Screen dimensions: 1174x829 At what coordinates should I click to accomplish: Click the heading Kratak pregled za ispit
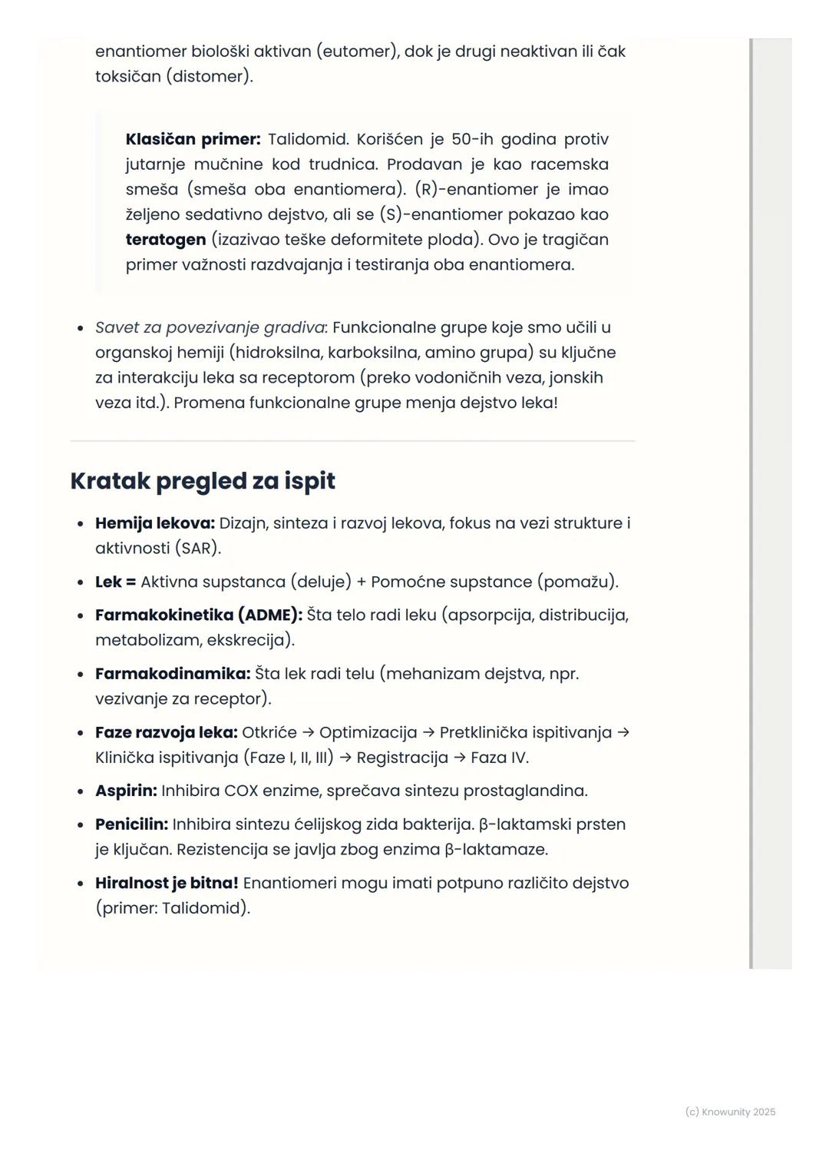click(203, 481)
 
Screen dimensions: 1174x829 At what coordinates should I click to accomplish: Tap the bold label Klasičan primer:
click(193, 139)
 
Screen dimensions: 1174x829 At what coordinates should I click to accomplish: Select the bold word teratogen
click(166, 240)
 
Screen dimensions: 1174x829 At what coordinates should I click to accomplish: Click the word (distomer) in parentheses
click(209, 77)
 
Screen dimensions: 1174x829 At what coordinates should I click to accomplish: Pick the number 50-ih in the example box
click(472, 139)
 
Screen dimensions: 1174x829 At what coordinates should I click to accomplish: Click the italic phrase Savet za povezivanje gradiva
click(210, 327)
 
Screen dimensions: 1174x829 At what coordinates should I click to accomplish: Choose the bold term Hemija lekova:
click(155, 523)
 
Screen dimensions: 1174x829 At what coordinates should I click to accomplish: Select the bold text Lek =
click(115, 582)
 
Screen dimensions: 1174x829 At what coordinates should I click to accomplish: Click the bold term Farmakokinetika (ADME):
click(198, 615)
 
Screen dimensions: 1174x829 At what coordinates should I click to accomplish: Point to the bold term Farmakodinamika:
click(173, 674)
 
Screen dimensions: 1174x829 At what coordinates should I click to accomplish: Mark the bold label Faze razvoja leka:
click(166, 732)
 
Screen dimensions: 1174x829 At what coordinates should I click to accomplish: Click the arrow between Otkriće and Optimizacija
click(309, 732)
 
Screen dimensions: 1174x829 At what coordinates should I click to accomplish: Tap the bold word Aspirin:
click(126, 791)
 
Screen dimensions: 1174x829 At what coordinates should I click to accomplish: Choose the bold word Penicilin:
click(131, 824)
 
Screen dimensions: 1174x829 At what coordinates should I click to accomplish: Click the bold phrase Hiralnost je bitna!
click(167, 883)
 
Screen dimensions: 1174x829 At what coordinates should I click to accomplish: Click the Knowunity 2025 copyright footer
click(730, 1112)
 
